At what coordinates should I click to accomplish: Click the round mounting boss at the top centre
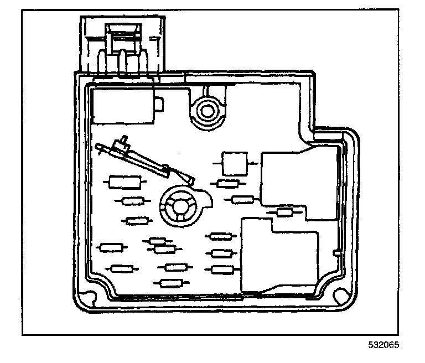(208, 111)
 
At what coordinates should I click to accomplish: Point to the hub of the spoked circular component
(180, 204)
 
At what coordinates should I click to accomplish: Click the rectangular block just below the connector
(123, 106)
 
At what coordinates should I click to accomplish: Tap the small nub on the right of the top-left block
(159, 103)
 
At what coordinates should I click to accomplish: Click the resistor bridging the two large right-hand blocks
(284, 212)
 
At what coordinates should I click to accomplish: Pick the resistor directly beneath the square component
(228, 184)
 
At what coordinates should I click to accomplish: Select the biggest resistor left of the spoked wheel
(124, 181)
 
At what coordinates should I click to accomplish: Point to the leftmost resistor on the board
(110, 247)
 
